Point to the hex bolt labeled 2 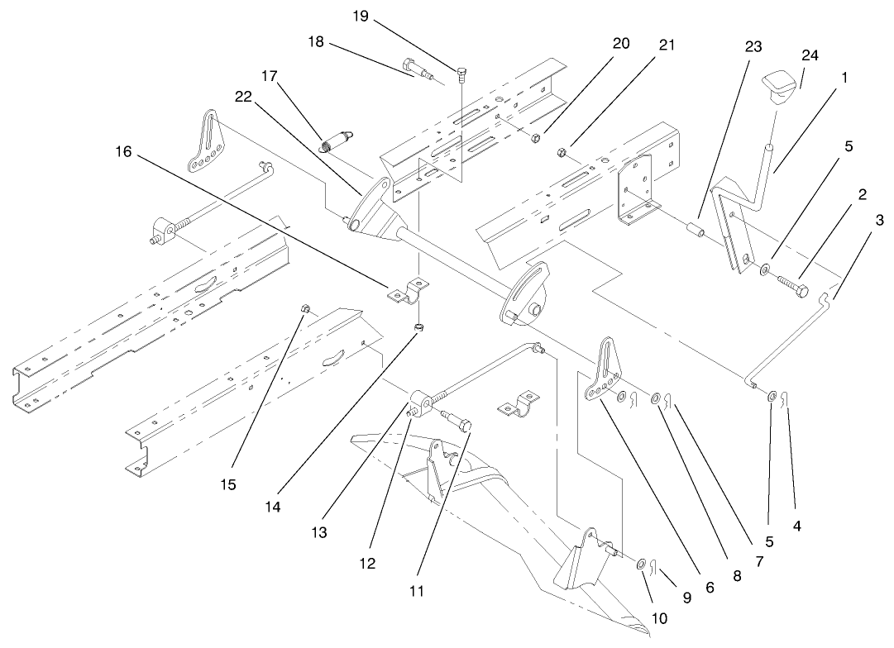(x=789, y=286)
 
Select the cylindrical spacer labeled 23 (x=696, y=226)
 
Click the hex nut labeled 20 (x=535, y=138)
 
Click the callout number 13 (x=318, y=533)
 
